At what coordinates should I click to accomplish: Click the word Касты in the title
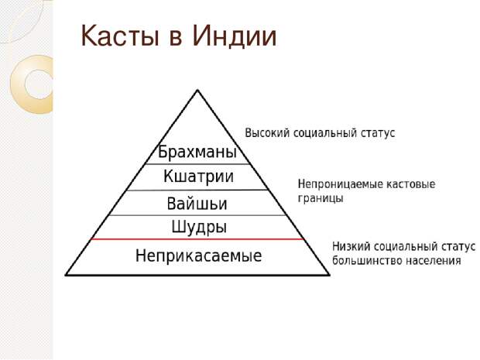point(120,36)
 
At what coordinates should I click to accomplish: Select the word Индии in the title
point(234,36)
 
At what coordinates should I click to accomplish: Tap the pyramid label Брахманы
point(197,152)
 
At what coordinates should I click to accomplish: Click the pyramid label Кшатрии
point(198,177)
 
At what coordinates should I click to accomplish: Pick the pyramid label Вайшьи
point(197,204)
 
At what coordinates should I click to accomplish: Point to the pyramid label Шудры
point(199,227)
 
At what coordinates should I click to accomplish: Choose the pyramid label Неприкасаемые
point(198,255)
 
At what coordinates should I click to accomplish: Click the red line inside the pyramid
point(197,239)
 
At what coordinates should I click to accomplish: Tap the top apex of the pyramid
point(197,90)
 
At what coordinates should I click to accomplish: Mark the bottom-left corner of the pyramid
point(66,275)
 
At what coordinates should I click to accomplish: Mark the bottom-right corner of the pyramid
point(330,275)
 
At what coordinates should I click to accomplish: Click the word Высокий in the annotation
point(267,133)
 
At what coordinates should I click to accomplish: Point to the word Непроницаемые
point(340,184)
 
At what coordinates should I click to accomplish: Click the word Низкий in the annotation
point(351,246)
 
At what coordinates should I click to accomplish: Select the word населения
point(434,261)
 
